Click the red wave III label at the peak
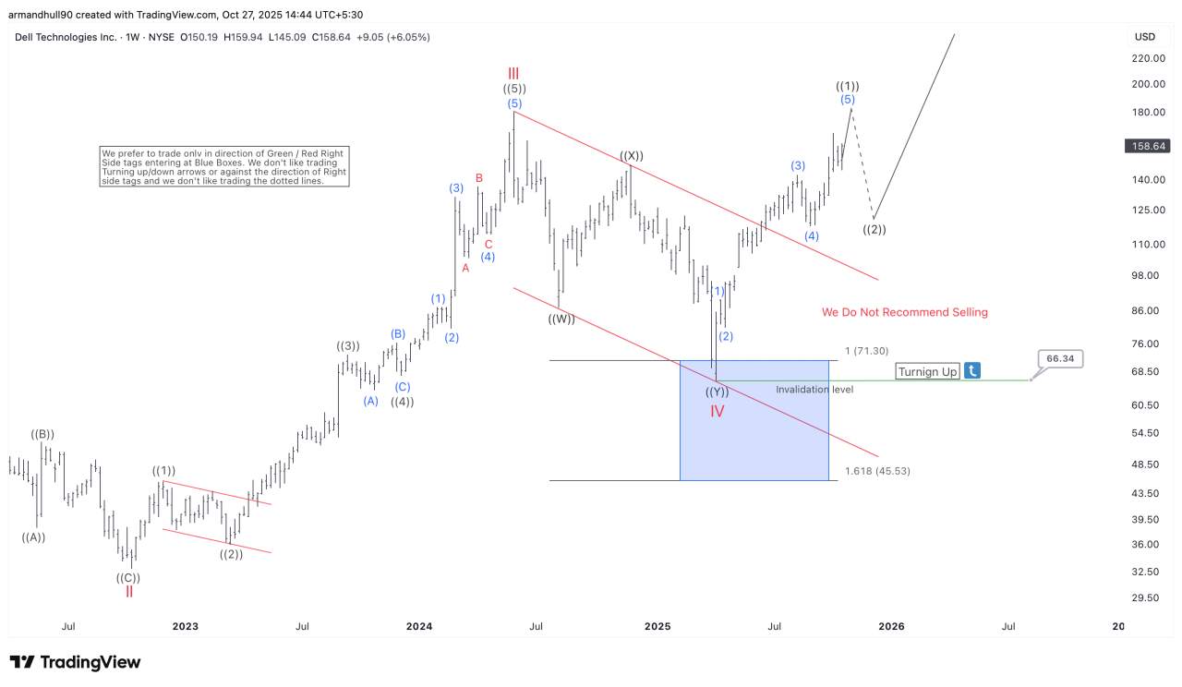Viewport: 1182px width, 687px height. coord(513,72)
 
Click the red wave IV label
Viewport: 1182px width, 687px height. coord(718,411)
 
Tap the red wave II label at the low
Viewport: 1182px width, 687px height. coord(129,592)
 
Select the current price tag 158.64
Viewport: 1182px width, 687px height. coord(1146,146)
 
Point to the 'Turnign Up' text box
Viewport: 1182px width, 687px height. coord(927,371)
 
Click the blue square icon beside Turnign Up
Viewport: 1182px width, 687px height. coord(972,371)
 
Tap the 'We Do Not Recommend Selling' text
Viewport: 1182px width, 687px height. coord(904,312)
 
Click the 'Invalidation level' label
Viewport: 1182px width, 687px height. coord(814,390)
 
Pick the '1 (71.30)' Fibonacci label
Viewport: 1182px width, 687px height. coord(866,351)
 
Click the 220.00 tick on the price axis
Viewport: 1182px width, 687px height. coord(1148,58)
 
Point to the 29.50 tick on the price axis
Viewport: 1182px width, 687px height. coord(1145,597)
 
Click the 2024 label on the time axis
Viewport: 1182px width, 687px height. coord(419,626)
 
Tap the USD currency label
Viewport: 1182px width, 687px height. coord(1145,37)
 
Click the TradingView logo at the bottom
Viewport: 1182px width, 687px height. coord(76,662)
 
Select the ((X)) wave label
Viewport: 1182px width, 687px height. coord(632,156)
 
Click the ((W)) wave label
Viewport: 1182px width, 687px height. coord(561,319)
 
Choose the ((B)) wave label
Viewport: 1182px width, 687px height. coord(42,434)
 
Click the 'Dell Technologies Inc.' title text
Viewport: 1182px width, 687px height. coord(66,37)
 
